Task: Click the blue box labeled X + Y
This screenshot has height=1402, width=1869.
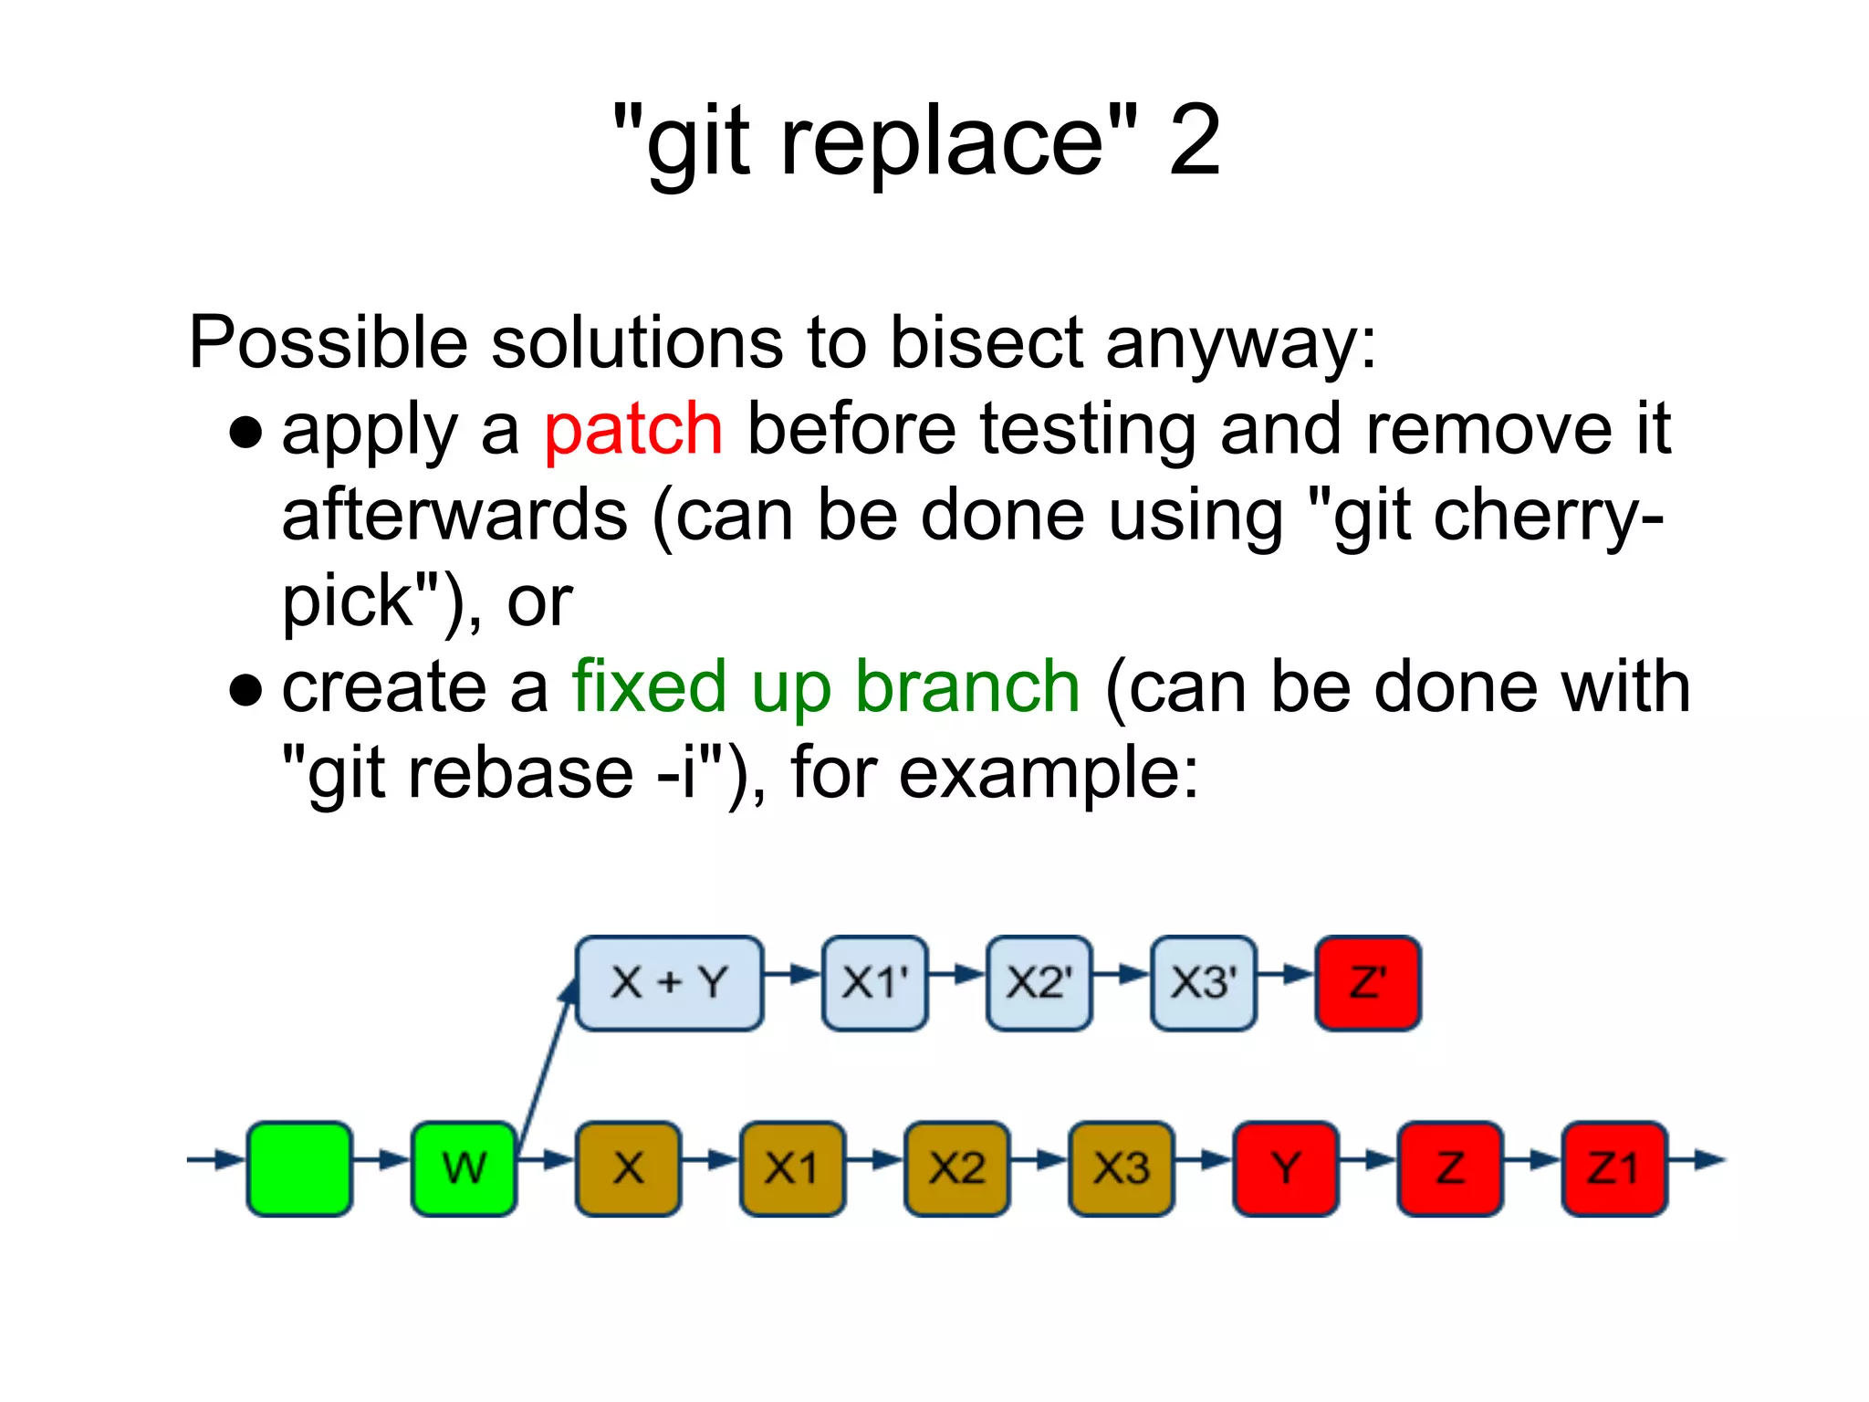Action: tap(669, 983)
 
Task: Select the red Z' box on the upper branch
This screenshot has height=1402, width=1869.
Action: tap(1367, 983)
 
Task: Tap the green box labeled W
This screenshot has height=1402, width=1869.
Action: tap(464, 1168)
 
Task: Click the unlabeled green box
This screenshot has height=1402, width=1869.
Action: tap(299, 1168)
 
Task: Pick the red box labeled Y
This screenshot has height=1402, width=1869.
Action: tap(1285, 1168)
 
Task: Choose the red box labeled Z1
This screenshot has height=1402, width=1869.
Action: tap(1613, 1168)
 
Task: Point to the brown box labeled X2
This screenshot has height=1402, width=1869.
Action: tap(956, 1168)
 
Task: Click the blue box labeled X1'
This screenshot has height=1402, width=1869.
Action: tap(874, 983)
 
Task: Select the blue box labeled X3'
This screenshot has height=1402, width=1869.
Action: tap(1203, 983)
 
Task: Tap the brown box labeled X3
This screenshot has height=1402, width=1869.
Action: tap(1121, 1168)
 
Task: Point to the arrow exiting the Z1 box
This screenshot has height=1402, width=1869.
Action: tap(1697, 1161)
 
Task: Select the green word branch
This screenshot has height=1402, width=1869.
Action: tap(967, 686)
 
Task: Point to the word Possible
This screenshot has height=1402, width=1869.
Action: tap(329, 343)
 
